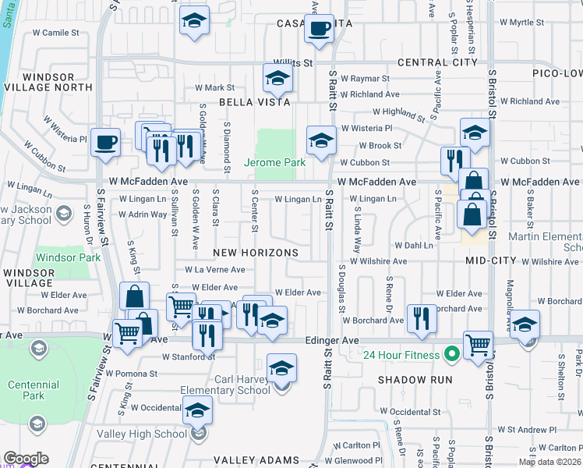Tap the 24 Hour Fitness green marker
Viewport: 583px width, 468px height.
pyautogui.click(x=450, y=356)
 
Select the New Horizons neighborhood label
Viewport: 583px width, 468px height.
pyautogui.click(x=256, y=253)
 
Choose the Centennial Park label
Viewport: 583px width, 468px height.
pyautogui.click(x=34, y=390)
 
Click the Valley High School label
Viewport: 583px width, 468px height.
pyautogui.click(x=154, y=434)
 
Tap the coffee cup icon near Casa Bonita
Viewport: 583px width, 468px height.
pyautogui.click(x=318, y=30)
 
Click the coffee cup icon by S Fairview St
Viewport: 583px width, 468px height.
pyautogui.click(x=105, y=143)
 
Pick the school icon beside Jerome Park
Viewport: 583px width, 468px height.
pyautogui.click(x=320, y=141)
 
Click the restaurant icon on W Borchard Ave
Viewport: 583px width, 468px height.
pyautogui.click(x=421, y=317)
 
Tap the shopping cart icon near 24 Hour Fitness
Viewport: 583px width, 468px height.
pyautogui.click(x=478, y=345)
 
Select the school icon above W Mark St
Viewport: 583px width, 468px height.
pyautogui.click(x=277, y=78)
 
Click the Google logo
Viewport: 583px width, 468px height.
pyautogui.click(x=26, y=459)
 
